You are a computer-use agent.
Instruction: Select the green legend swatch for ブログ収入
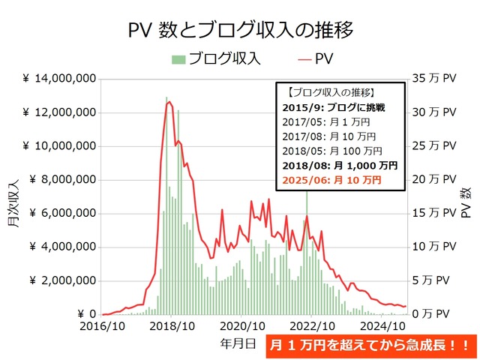178,58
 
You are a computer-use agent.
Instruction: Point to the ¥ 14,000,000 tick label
59,79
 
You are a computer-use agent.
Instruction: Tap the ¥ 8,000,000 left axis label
63,180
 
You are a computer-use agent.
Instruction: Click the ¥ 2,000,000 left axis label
63,280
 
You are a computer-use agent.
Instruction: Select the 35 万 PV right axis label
433,79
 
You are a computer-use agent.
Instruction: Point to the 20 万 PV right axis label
433,180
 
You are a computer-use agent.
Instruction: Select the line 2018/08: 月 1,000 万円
342,166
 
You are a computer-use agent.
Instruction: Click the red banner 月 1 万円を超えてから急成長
370,346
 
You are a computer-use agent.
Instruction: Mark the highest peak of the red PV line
169,102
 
